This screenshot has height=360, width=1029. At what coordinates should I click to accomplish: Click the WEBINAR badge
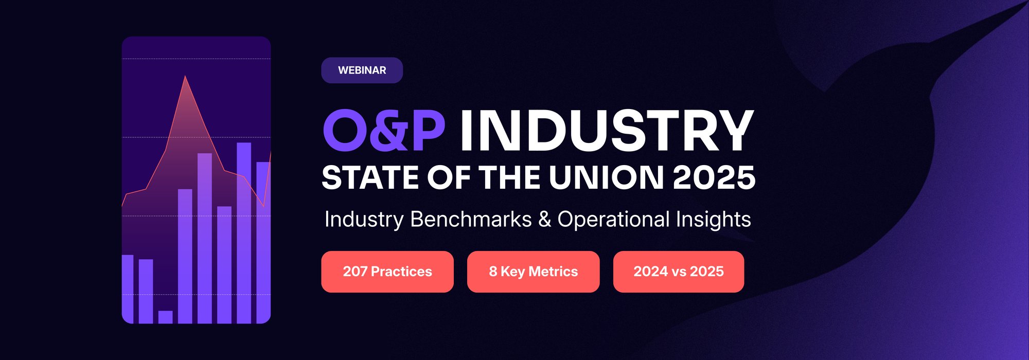(362, 70)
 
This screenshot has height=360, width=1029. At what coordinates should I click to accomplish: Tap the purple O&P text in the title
(384, 131)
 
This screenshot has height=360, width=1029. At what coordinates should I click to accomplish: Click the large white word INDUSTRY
(607, 131)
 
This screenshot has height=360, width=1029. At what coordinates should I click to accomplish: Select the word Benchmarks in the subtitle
(471, 220)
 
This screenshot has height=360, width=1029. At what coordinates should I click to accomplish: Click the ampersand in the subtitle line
(544, 220)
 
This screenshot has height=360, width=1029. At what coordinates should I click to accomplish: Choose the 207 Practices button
(387, 272)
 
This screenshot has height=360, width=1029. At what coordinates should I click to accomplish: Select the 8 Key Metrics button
(533, 272)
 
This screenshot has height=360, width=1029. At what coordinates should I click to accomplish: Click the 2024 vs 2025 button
(678, 272)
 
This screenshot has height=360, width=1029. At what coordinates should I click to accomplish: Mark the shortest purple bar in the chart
(165, 317)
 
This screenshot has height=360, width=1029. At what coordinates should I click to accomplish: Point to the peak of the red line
(185, 77)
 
